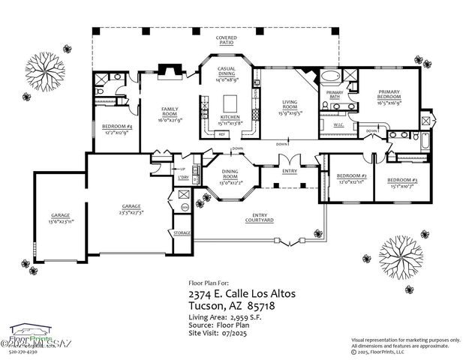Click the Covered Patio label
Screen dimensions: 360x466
[x=227, y=40]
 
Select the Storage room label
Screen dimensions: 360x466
[x=182, y=233]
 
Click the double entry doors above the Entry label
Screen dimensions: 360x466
[x=288, y=161]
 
